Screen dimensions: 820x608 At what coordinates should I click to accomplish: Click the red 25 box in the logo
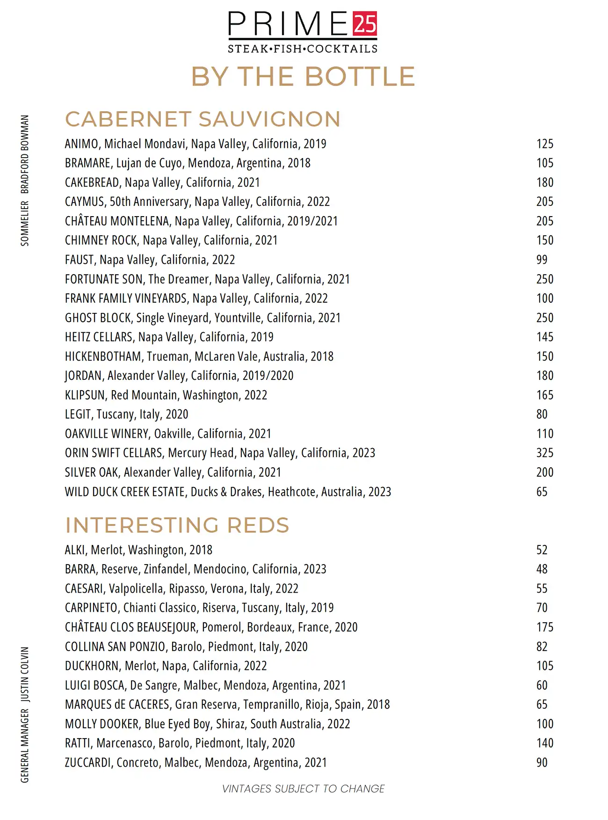[x=364, y=24]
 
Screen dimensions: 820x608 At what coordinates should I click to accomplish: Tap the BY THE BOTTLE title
[x=303, y=77]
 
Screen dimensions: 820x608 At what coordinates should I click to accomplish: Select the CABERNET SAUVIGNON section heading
[x=203, y=119]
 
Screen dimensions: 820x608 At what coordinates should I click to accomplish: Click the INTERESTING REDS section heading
[x=177, y=525]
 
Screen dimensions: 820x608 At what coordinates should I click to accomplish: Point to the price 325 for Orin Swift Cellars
[x=544, y=453]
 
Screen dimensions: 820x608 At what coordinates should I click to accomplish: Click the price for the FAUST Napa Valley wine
[x=542, y=260]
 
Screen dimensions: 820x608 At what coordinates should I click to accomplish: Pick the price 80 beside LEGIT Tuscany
[x=542, y=414]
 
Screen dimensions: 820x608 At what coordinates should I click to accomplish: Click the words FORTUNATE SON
[x=104, y=279]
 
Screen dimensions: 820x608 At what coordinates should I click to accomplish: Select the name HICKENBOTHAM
[x=103, y=356]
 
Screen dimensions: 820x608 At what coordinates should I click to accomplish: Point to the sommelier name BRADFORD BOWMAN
[x=25, y=154]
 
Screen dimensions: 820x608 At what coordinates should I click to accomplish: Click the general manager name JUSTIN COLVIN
[x=25, y=674]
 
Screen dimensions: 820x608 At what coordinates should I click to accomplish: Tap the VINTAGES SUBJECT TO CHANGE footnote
[x=303, y=789]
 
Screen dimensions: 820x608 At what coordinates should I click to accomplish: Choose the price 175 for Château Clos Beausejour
[x=544, y=627]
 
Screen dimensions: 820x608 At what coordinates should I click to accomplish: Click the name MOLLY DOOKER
[x=102, y=724]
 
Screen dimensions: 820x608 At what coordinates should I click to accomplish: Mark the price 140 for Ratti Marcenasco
[x=544, y=743]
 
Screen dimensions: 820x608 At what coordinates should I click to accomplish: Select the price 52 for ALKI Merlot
[x=542, y=550]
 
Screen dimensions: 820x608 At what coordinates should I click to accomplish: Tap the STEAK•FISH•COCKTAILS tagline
[x=303, y=49]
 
